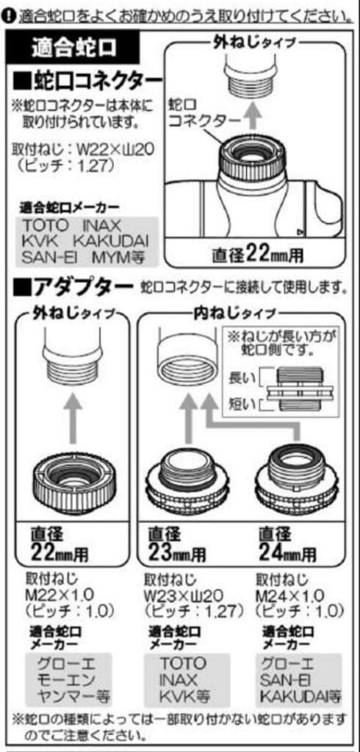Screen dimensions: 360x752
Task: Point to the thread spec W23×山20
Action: (x=183, y=596)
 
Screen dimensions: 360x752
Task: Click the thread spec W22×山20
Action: (x=115, y=151)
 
